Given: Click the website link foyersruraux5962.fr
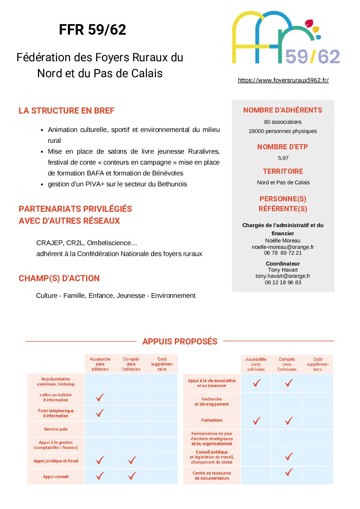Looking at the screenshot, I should pyautogui.click(x=283, y=80).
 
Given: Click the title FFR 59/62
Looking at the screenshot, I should pyautogui.click(x=92, y=30).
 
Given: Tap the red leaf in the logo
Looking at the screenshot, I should pyautogui.click(x=309, y=23).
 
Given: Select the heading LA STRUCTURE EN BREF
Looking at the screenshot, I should pyautogui.click(x=66, y=111).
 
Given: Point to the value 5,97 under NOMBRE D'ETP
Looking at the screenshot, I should pyautogui.click(x=283, y=158).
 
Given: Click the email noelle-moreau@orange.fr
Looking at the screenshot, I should pyautogui.click(x=283, y=247).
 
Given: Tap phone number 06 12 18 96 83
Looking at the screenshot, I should pyautogui.click(x=283, y=282).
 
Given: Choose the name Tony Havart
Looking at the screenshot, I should pyautogui.click(x=283, y=270).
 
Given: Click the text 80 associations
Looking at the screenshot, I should pyautogui.click(x=283, y=122).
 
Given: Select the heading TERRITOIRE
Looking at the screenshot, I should pyautogui.click(x=283, y=171).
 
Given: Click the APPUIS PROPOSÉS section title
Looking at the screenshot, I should pyautogui.click(x=180, y=341).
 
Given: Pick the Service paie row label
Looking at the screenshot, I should pyautogui.click(x=56, y=429).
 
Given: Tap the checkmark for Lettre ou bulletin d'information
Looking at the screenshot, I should pyautogui.click(x=100, y=397).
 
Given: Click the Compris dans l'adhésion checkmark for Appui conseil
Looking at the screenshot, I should pyautogui.click(x=132, y=476).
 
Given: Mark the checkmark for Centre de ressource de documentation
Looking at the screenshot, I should pyautogui.click(x=289, y=472).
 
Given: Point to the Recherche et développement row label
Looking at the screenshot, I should pyautogui.click(x=211, y=402).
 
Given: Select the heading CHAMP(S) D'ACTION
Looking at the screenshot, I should pyautogui.click(x=59, y=278).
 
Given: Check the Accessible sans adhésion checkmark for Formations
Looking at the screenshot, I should pyautogui.click(x=257, y=421).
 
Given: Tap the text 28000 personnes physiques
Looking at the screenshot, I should pyautogui.click(x=283, y=131).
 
